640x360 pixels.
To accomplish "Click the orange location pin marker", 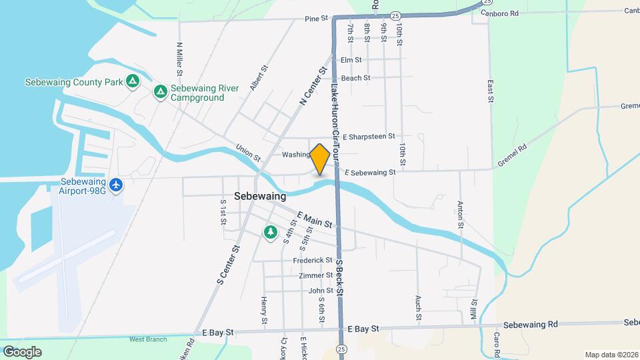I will pos(319,159).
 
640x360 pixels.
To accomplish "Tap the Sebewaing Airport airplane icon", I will pos(117,184).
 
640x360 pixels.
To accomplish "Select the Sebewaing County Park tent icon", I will pos(133,81).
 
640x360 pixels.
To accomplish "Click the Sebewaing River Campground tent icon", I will pos(160,91).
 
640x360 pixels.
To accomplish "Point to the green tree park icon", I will pos(270,232).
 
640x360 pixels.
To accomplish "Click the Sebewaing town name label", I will pos(260,197).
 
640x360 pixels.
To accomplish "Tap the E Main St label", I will pos(315,221).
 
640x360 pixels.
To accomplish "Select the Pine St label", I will pos(317,19).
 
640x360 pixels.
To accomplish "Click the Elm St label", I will pos(351,60).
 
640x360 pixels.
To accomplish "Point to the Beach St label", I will pos(355,78).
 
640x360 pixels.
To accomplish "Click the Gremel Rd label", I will pos(513,155).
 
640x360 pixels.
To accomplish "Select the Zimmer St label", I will pos(316,275).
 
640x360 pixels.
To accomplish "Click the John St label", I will pos(321,291).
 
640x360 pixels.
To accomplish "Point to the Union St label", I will pos(248,154).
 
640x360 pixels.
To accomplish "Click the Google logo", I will pos(22,351).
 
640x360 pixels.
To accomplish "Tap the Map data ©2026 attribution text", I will pos(611,355).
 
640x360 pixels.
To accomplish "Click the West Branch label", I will pos(148,339).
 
